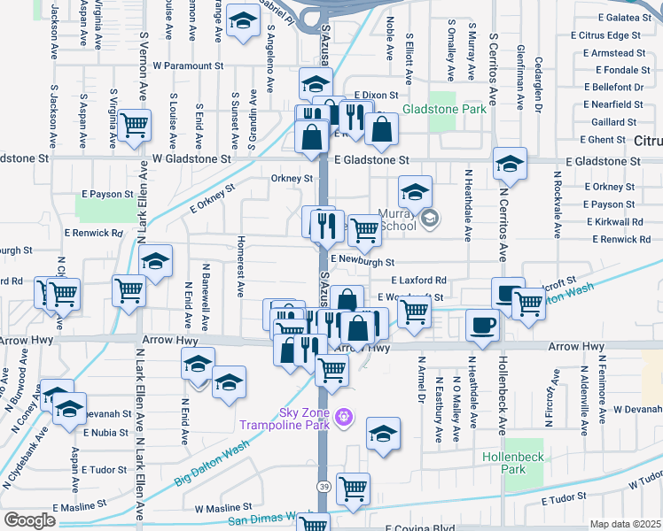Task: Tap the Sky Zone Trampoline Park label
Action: (x=285, y=418)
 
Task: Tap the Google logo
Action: (x=29, y=520)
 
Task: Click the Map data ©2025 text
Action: (x=625, y=524)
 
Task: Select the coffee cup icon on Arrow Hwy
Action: (x=482, y=325)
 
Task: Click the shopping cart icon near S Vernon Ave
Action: (x=135, y=127)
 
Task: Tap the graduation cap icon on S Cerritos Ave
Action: (x=510, y=164)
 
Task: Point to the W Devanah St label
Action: (x=630, y=409)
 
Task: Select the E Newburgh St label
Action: (x=362, y=262)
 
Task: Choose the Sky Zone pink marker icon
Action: (x=345, y=417)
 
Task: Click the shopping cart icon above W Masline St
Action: (x=353, y=488)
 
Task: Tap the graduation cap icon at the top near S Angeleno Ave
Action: (x=240, y=23)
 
